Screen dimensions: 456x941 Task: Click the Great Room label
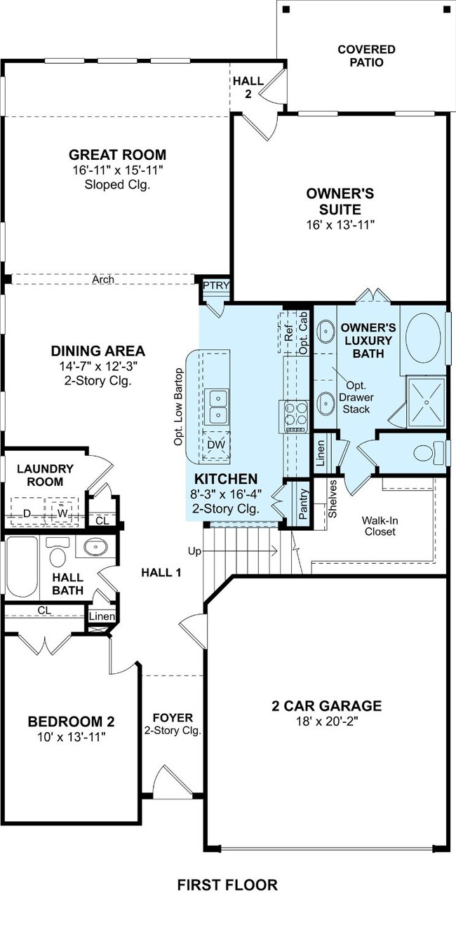[x=117, y=155]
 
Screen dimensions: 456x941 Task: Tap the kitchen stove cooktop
[x=296, y=417]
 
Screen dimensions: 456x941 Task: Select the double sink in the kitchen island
[x=217, y=406]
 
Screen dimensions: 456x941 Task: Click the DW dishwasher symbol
[x=217, y=445]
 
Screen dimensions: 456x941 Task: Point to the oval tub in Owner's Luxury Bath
[x=423, y=337]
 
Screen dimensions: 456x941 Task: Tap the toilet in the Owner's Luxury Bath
[x=429, y=453]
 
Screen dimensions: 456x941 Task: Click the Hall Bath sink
[x=95, y=547]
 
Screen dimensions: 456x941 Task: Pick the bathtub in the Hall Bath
[x=22, y=567]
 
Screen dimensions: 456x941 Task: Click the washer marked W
[x=62, y=512]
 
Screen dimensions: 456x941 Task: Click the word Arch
[x=103, y=279]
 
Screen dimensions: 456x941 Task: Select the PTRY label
[x=217, y=285]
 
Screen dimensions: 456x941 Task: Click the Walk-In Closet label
[x=380, y=526]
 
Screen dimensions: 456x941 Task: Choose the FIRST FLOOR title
[x=227, y=885]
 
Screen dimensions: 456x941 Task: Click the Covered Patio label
[x=366, y=56]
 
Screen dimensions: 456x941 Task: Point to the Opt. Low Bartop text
[x=179, y=407]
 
